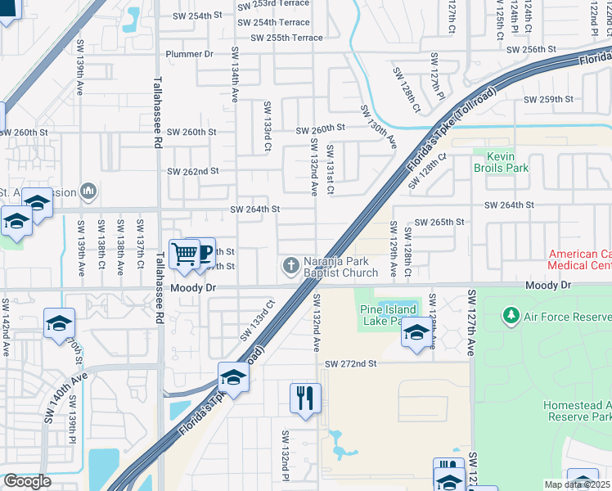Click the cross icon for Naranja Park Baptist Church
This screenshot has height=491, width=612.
coord(290,265)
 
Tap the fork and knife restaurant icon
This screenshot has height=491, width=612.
coord(305,398)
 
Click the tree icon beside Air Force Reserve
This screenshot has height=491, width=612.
coord(511,315)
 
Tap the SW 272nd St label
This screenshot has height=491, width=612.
coord(350,363)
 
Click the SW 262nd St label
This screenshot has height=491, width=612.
coord(192,171)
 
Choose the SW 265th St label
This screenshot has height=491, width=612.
coord(439,222)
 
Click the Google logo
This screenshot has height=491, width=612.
coord(27,481)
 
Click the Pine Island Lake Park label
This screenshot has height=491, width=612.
coord(388,315)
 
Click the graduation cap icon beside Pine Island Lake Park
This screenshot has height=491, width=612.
coord(416,333)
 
